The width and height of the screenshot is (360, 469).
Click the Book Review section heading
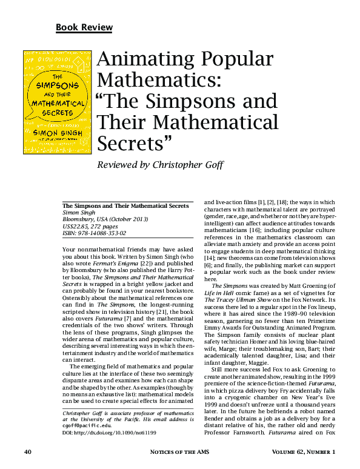(x=84, y=27)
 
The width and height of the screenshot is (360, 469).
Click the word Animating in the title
(x=145, y=60)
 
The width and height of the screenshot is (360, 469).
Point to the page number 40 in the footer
(x=28, y=452)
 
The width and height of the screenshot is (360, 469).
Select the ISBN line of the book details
(x=95, y=233)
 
